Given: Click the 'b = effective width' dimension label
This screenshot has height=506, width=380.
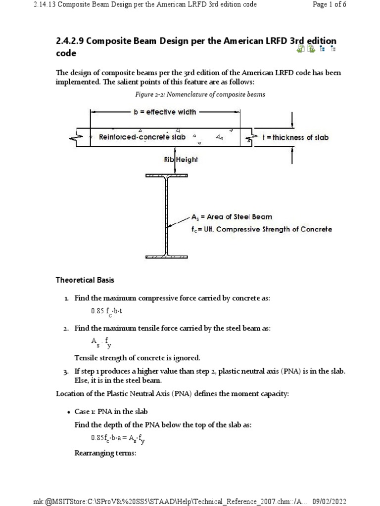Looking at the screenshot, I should (x=165, y=112).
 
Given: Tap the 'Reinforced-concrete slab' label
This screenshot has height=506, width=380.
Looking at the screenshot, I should (x=142, y=137).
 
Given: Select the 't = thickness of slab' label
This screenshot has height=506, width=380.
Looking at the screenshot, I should (x=295, y=138).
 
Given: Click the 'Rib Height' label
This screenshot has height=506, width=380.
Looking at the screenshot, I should (x=181, y=160).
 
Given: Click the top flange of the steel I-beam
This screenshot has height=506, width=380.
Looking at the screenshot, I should (x=167, y=175).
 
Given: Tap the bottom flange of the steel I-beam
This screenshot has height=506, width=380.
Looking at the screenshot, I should (x=167, y=256).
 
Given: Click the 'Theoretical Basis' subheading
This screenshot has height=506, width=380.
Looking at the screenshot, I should (x=85, y=280).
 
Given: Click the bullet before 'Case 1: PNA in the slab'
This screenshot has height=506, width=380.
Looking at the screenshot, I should (x=68, y=412).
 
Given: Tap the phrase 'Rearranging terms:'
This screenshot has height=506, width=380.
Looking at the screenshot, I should (x=105, y=453).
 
